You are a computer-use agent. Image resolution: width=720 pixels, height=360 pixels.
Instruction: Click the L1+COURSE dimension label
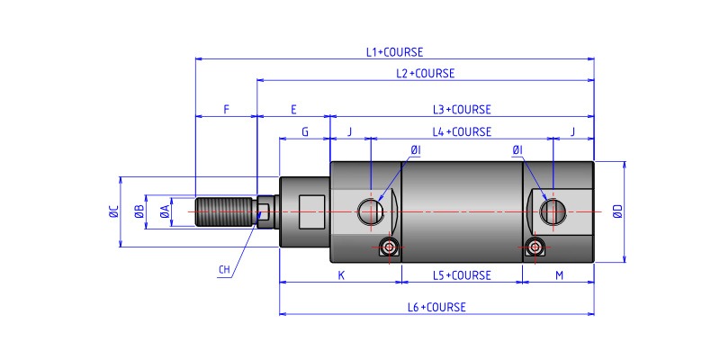(394, 52)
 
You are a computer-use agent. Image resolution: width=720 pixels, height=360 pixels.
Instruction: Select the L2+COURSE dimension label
(425, 74)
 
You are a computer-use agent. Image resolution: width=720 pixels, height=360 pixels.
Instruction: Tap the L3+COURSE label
(462, 110)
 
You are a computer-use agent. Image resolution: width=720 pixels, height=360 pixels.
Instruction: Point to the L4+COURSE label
(462, 131)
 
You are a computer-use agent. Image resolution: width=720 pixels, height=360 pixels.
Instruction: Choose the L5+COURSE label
(462, 275)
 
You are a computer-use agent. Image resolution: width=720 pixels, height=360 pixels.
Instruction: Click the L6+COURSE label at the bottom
(436, 307)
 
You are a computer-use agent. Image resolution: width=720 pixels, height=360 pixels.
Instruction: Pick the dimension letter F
(227, 110)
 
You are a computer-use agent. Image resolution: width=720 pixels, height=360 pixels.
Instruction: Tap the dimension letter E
(293, 110)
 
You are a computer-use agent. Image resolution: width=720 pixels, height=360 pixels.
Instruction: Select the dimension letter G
(305, 131)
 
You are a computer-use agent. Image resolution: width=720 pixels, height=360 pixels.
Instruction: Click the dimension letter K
(341, 275)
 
